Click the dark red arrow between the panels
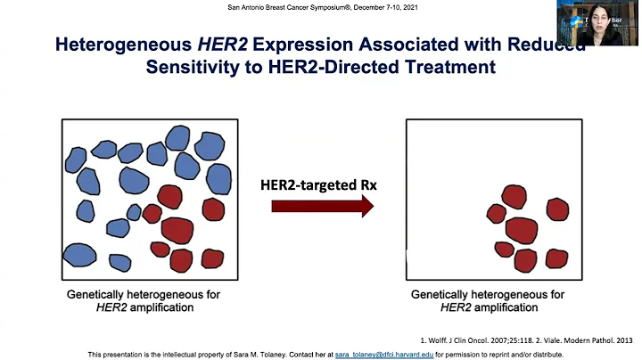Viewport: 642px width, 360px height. click(x=322, y=208)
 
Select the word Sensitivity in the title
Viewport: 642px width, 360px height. click(x=197, y=67)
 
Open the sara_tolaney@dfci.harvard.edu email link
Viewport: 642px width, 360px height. click(x=383, y=354)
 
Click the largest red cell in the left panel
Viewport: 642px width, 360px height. click(x=177, y=229)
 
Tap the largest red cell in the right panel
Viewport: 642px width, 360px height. click(x=522, y=229)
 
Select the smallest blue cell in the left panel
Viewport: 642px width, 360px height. click(x=134, y=212)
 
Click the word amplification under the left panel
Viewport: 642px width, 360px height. click(x=161, y=307)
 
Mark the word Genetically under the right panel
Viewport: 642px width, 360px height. click(x=441, y=294)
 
